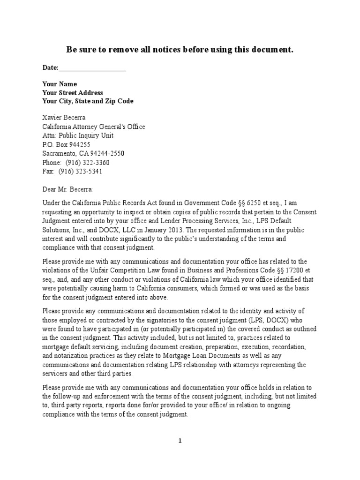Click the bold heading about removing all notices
click(180, 50)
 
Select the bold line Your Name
click(60, 84)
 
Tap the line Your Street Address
click(73, 93)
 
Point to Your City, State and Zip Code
click(88, 101)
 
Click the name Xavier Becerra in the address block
click(64, 118)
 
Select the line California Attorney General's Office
click(94, 127)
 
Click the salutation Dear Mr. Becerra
click(68, 188)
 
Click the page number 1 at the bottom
click(180, 441)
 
